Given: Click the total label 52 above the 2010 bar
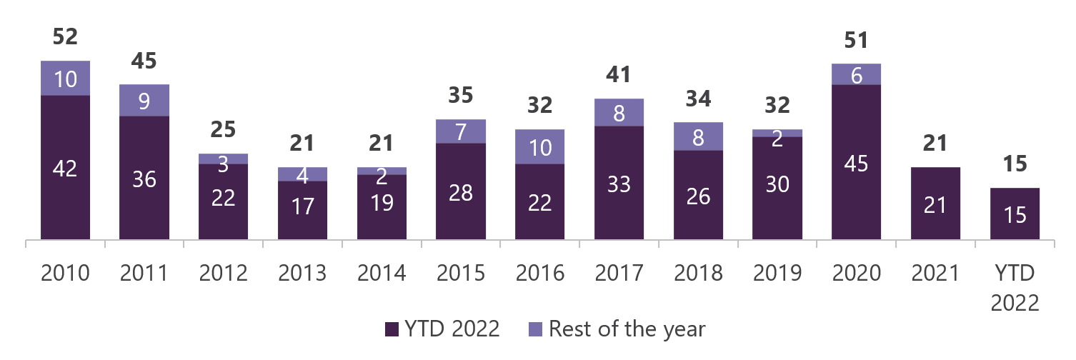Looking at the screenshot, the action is coord(65,37).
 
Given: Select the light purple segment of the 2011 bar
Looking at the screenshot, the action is coord(144,100).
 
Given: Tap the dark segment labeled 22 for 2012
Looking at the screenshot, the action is coord(224,201).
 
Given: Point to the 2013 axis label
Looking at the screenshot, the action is coord(302,273).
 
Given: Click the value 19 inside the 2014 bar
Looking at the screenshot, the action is coord(382,203).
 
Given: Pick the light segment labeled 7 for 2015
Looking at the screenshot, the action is coord(461,131).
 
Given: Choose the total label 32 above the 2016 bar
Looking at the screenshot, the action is coord(540,106).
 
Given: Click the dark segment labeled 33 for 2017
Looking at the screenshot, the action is coord(619,182).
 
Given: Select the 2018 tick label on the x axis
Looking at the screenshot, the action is coord(698,273).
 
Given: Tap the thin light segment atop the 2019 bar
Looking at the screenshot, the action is coord(777,133).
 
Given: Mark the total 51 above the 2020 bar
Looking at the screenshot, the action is coord(857,40).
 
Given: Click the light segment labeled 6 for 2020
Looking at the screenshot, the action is coord(857,74).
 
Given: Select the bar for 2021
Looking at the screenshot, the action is coord(935,203).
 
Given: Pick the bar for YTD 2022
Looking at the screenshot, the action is coord(1015,214).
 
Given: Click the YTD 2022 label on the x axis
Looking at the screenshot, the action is coord(1015,288).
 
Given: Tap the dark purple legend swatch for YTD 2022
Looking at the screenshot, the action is coord(392,329).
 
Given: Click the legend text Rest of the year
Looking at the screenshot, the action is coord(627,329).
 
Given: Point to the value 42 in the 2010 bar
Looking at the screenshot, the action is coord(65,169).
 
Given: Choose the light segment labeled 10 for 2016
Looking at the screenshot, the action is coord(540,147).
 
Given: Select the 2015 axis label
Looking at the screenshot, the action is coord(461,273).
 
